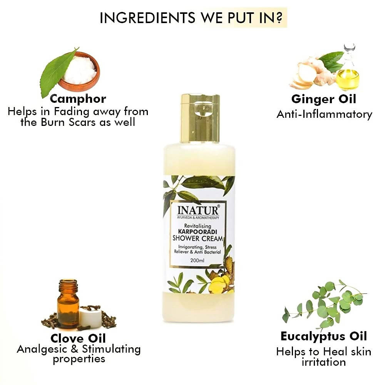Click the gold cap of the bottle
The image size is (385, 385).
[200, 118]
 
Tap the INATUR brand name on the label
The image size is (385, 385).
[198, 211]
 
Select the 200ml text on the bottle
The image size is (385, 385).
[197, 260]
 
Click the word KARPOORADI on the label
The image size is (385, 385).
[198, 231]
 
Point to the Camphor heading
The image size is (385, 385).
[78, 99]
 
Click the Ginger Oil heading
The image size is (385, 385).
[324, 99]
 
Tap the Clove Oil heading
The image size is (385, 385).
[78, 338]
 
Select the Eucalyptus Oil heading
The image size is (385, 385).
[324, 336]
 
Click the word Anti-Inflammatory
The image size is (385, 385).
[324, 114]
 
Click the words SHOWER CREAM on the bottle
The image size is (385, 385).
[198, 238]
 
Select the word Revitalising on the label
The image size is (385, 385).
[198, 226]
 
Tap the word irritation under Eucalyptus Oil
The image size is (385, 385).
[324, 362]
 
